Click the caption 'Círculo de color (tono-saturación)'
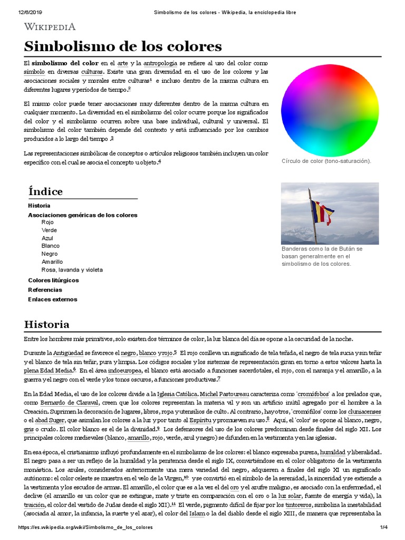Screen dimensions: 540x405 pos(326,160)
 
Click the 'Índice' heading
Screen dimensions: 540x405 pos(45,191)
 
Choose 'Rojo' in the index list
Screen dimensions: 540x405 pos(47,223)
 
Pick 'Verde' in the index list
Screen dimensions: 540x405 pos(49,230)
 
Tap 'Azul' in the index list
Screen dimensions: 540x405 pos(47,238)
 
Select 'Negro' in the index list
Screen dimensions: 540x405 pos(49,254)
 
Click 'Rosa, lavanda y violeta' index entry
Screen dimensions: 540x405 pos(72,270)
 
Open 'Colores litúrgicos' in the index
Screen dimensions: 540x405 pos(53,280)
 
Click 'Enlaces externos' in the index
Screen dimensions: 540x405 pos(52,300)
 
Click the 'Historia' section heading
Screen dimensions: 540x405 pos(46,324)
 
